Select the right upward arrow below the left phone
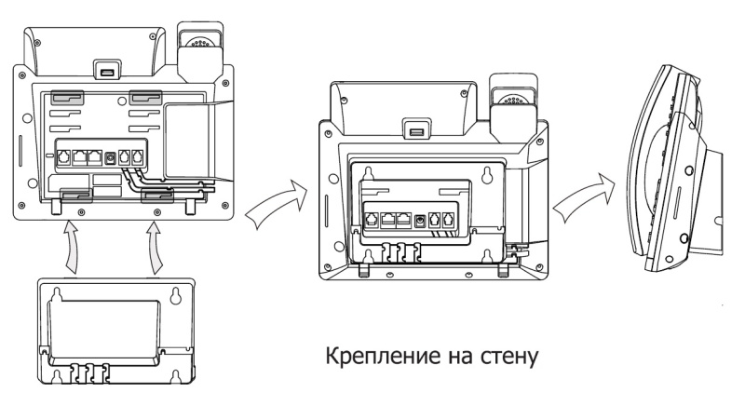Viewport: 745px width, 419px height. (155, 244)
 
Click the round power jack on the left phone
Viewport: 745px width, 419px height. (112, 156)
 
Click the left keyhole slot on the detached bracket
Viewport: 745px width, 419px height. (60, 295)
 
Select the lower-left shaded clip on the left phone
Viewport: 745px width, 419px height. (75, 195)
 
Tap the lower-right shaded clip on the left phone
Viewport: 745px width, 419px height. (156, 195)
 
